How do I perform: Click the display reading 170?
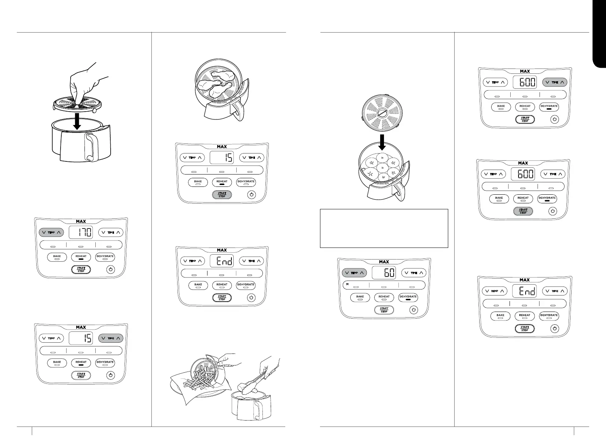point(81,233)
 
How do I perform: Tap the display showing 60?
point(384,273)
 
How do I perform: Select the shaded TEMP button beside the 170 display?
point(51,233)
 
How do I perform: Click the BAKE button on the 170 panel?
point(57,257)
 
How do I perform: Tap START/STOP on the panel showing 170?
point(81,269)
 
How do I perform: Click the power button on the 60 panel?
point(413,310)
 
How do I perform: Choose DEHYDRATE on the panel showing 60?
point(408,297)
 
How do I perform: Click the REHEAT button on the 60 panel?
point(384,297)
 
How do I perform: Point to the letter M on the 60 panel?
point(347,284)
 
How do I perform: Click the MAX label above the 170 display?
point(81,222)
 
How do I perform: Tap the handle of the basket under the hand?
point(90,147)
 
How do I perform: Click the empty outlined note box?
point(384,228)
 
